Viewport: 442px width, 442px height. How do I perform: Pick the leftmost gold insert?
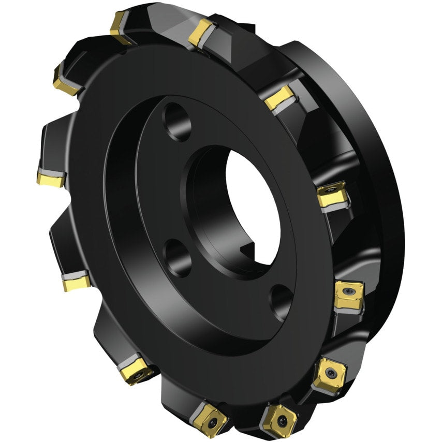point(50,179)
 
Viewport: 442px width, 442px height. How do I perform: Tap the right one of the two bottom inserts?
point(279,419)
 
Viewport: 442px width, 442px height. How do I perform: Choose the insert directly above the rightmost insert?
point(331,194)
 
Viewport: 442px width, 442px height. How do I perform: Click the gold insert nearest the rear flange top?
point(279,97)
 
